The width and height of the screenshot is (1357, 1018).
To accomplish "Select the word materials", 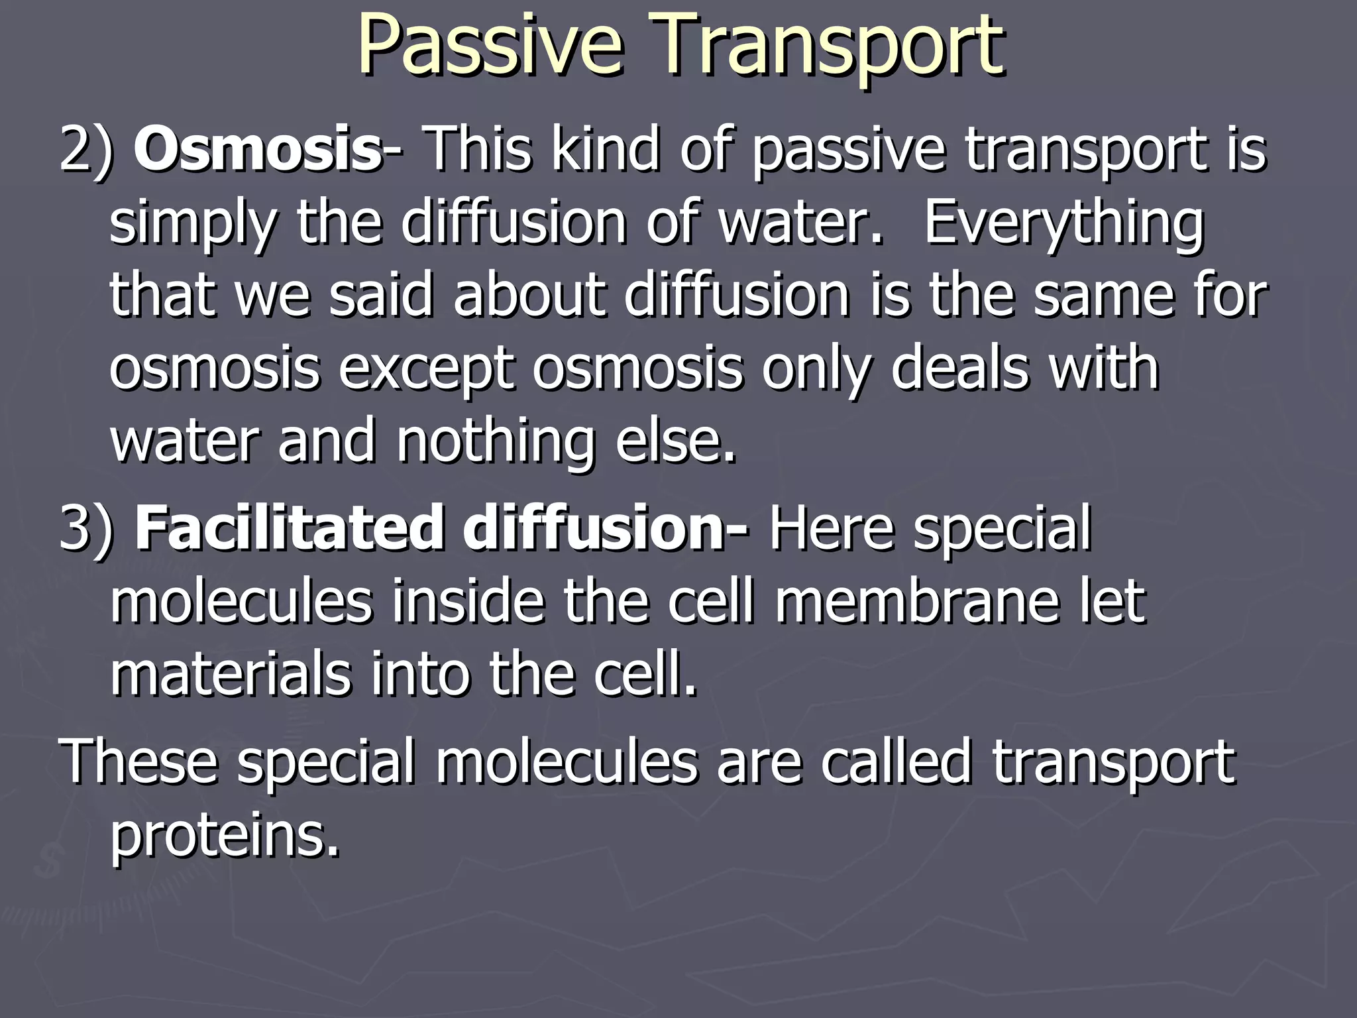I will coord(229,675).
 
